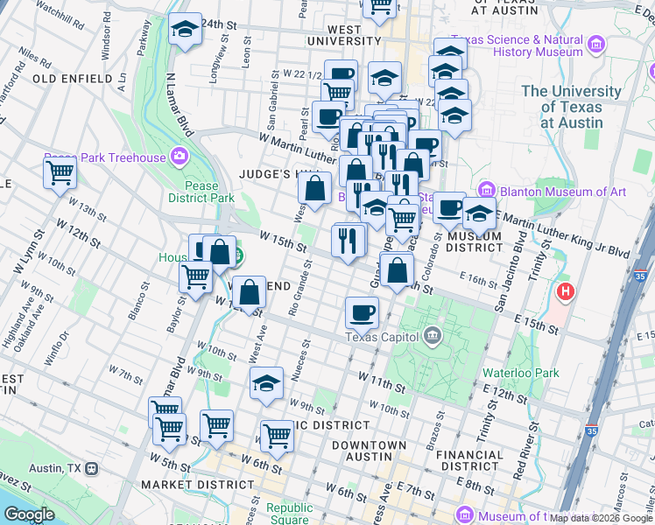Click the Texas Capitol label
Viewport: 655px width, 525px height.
pyautogui.click(x=384, y=337)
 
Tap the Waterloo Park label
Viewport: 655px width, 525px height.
pyautogui.click(x=520, y=372)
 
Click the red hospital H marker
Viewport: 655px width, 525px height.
pyautogui.click(x=566, y=290)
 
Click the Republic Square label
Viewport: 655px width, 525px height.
pyautogui.click(x=289, y=514)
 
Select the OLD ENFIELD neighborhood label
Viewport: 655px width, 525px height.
pyautogui.click(x=72, y=79)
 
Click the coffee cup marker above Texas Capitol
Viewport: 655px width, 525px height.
pyautogui.click(x=361, y=311)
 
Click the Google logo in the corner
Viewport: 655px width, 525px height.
pyautogui.click(x=30, y=514)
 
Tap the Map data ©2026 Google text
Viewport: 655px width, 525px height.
pyautogui.click(x=600, y=518)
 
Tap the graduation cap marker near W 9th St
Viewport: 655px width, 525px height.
pyautogui.click(x=267, y=382)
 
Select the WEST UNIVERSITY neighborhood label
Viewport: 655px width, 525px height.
pyautogui.click(x=342, y=34)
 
